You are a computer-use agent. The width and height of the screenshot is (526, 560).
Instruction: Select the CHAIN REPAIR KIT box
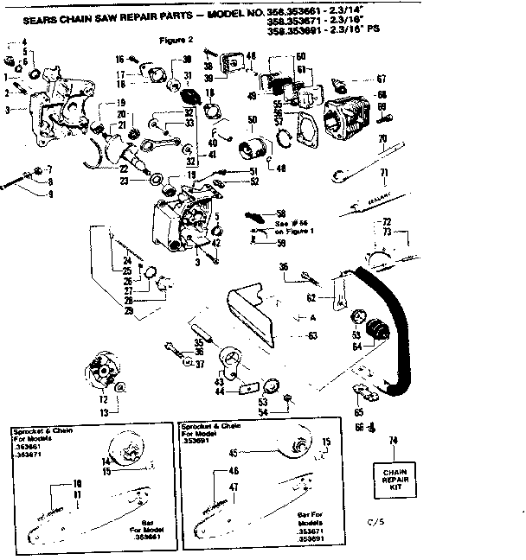tap(394, 474)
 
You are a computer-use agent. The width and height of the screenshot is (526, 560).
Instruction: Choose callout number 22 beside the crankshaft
tap(124, 169)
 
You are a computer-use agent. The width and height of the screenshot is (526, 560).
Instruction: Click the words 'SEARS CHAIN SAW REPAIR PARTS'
tap(100, 14)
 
